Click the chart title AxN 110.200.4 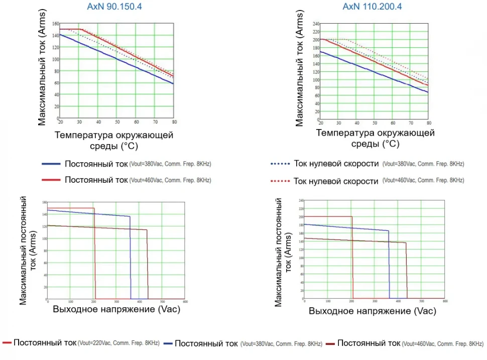pyautogui.click(x=372, y=7)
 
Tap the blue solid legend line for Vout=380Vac pyautogui.click(x=51, y=164)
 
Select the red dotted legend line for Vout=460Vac pyautogui.click(x=280, y=181)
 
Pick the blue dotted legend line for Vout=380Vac pyautogui.click(x=280, y=164)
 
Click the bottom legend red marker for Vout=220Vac pyautogui.click(x=7, y=343)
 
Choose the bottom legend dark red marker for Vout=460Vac pyautogui.click(x=330, y=343)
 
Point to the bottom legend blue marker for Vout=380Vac pyautogui.click(x=168, y=343)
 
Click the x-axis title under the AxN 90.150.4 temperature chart pyautogui.click(x=114, y=140)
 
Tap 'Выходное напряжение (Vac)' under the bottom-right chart pyautogui.click(x=372, y=311)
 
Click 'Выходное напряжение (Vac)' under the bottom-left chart pyautogui.click(x=116, y=309)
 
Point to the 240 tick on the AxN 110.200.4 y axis pyautogui.click(x=316, y=24)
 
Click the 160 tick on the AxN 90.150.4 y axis pyautogui.click(x=56, y=24)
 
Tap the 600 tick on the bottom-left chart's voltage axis pyautogui.click(x=185, y=301)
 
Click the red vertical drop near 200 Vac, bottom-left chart pyautogui.click(x=95, y=254)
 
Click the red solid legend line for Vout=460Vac pyautogui.click(x=51, y=180)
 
